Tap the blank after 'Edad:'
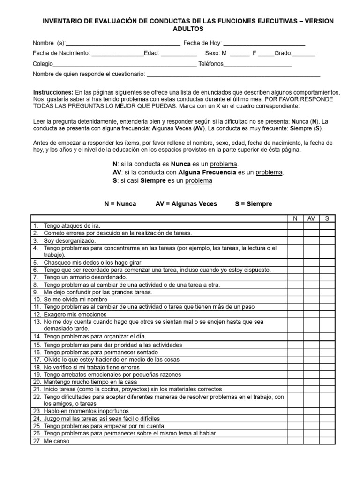coord(180,54)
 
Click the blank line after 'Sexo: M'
coord(240,54)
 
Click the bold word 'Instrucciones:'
coord(53,92)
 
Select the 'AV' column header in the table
coord(311,218)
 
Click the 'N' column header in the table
coord(295,218)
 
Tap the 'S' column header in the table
coord(327,218)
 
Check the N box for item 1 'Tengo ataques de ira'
coord(295,225)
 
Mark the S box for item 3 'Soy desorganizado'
coord(327,240)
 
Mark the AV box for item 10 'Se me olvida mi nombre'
coord(311,299)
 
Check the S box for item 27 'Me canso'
coord(327,441)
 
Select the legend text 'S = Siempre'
coord(253,204)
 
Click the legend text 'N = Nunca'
coord(120,204)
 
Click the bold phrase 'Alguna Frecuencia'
coord(210,172)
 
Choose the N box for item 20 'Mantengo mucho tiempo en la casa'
coord(295,382)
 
